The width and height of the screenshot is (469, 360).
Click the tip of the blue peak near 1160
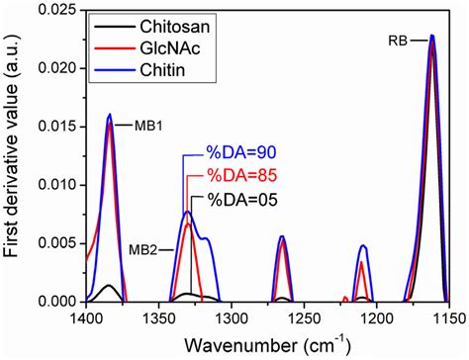tap(432, 36)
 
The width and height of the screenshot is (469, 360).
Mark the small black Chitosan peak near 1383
tap(110, 285)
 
